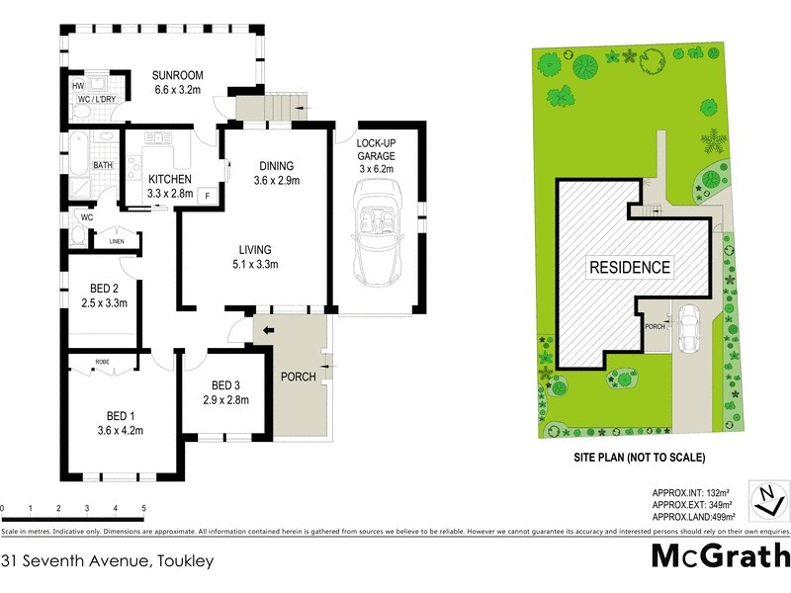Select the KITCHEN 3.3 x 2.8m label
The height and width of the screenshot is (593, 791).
point(170,186)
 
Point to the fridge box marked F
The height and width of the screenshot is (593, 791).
point(208,195)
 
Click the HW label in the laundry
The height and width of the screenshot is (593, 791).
point(78,86)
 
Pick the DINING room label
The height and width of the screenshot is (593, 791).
point(276,173)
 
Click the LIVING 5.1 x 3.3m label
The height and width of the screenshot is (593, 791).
point(254,257)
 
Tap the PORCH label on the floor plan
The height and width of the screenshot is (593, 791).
point(299,377)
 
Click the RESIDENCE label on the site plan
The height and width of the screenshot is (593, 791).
point(630,267)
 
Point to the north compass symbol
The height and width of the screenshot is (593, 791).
point(768,499)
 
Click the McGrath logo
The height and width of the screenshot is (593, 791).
point(720,555)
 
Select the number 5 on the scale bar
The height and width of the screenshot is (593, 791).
point(144,509)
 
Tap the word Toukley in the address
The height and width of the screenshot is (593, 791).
point(183,560)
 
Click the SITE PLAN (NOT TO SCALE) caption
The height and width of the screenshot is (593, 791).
point(639,458)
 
